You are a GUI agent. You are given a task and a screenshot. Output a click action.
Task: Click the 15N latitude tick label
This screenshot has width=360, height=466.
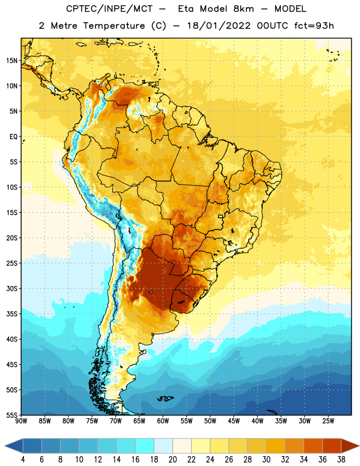pyautogui.click(x=12, y=61)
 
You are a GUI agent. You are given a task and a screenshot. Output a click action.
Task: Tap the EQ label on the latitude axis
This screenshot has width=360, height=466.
pyautogui.click(x=13, y=137)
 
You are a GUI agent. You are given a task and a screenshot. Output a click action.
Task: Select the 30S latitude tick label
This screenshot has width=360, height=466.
pyautogui.click(x=12, y=288)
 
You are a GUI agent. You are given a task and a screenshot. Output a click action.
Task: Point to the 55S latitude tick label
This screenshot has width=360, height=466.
pyautogui.click(x=12, y=415)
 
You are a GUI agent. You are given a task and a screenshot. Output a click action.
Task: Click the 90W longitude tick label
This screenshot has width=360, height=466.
pyautogui.click(x=21, y=421)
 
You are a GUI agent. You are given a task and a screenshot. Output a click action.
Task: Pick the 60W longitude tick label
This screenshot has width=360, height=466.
pyautogui.click(x=163, y=421)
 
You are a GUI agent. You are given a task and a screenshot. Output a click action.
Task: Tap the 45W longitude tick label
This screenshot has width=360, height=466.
pyautogui.click(x=234, y=421)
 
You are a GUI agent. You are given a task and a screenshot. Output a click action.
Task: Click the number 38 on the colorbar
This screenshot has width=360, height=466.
pyautogui.click(x=341, y=460)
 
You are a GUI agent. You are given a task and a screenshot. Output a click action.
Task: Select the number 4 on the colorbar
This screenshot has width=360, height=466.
pyautogui.click(x=23, y=460)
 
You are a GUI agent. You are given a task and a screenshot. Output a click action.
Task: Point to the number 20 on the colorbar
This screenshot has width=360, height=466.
pyautogui.click(x=172, y=460)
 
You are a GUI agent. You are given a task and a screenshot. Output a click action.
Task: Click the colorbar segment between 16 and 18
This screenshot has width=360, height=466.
pyautogui.click(x=145, y=446)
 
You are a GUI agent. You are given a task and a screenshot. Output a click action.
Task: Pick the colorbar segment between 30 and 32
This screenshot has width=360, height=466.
pyautogui.click(x=276, y=446)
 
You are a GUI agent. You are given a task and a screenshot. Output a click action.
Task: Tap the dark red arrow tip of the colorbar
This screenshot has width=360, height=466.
pyautogui.click(x=359, y=446)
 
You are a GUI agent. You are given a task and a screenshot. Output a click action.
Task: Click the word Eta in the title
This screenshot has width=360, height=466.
pyautogui.click(x=186, y=9)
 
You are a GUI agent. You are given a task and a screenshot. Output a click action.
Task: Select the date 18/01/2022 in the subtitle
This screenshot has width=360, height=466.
pyautogui.click(x=219, y=26)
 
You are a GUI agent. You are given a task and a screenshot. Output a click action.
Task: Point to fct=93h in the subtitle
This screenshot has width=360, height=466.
pyautogui.click(x=314, y=26)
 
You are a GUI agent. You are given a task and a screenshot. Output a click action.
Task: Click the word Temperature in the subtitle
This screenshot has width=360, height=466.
pyautogui.click(x=114, y=26)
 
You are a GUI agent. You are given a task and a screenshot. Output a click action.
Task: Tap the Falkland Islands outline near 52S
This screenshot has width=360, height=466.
pyautogui.click(x=165, y=398)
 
